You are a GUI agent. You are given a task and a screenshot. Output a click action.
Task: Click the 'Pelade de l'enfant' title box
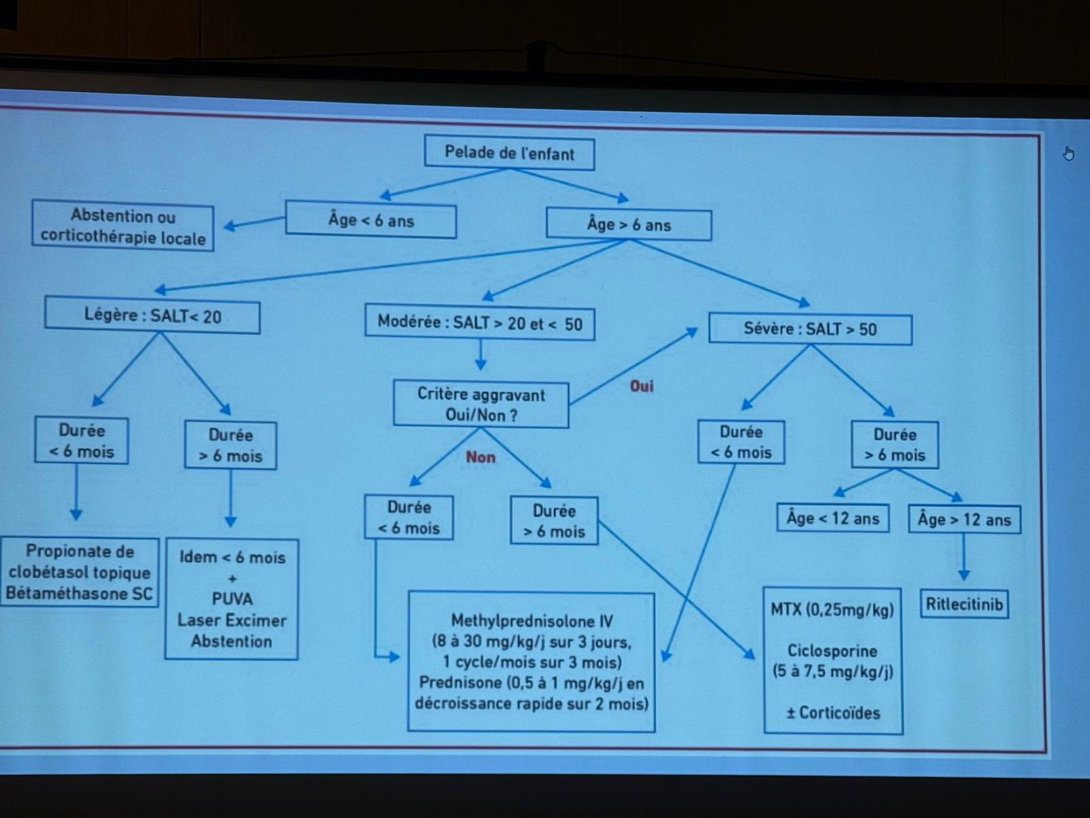[509, 153]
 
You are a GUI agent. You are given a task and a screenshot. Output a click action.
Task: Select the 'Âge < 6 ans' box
[371, 220]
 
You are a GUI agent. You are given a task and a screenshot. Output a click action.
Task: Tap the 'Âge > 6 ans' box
[629, 225]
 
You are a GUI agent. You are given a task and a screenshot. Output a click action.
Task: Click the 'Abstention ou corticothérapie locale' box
[123, 227]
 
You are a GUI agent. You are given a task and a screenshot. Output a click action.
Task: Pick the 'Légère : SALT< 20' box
[153, 316]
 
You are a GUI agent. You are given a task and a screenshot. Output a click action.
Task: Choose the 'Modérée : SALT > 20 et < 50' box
[480, 323]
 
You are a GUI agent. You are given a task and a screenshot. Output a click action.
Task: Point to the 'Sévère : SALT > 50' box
[810, 329]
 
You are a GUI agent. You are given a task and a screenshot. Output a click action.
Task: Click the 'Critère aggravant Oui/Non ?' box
[481, 404]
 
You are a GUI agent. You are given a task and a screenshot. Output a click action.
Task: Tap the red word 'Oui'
[641, 387]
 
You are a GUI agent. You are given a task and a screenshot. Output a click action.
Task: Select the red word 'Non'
[480, 457]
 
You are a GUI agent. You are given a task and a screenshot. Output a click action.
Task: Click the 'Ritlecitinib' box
[964, 604]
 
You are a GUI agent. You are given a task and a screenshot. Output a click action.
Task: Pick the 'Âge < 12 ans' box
[832, 519]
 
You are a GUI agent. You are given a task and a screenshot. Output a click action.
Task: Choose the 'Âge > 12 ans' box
[964, 520]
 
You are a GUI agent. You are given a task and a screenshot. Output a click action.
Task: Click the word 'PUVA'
[232, 599]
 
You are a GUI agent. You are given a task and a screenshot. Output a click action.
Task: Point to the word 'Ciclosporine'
[832, 650]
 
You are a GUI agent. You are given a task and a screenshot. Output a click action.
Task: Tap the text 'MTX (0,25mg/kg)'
[832, 609]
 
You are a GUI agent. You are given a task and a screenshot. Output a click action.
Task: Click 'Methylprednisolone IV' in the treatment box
[531, 621]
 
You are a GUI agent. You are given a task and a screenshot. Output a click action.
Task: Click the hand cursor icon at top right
[1068, 154]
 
